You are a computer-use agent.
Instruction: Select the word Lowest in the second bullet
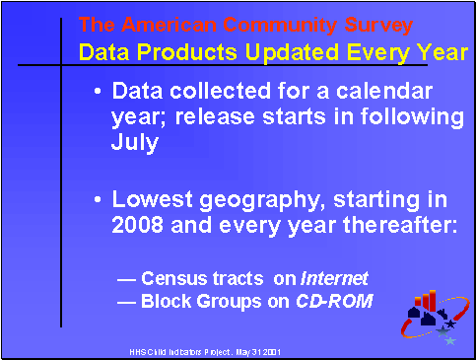150,201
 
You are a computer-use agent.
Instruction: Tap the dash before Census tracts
126,277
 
